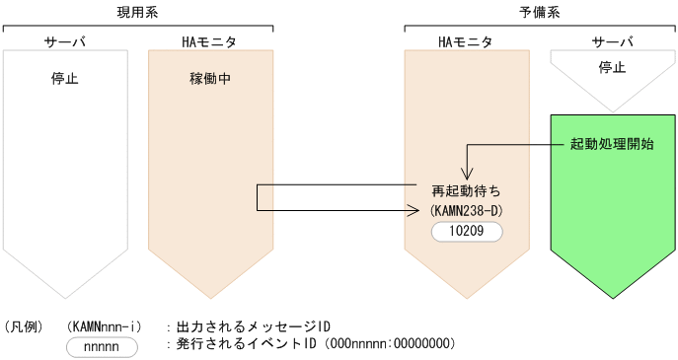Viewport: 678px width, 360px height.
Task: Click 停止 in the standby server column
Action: (612, 67)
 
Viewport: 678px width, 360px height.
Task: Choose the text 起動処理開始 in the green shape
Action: (612, 144)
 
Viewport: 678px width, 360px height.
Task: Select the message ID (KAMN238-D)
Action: (466, 210)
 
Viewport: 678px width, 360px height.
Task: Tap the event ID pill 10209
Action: (466, 232)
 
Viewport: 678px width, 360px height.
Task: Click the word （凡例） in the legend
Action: (24, 325)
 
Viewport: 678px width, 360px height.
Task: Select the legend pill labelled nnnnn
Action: (102, 345)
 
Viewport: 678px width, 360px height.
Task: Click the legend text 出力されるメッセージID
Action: (253, 325)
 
